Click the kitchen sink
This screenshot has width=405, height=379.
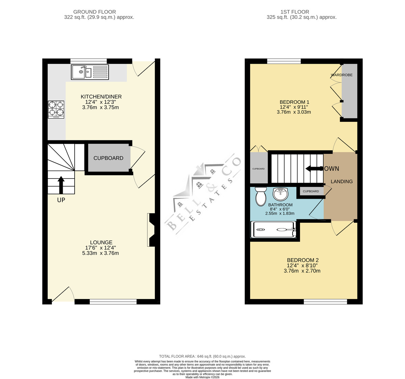coord(90,72)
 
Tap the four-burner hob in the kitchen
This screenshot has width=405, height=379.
coord(56,110)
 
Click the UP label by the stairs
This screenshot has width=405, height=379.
coord(61,200)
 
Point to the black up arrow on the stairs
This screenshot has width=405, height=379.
coord(61,185)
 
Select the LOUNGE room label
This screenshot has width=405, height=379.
coord(101,242)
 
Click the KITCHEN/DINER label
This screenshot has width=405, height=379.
coord(101,97)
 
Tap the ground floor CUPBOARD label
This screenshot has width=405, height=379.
coord(108,158)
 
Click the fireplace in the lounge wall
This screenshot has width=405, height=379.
coord(151,230)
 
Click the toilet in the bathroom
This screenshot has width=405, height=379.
coord(261,196)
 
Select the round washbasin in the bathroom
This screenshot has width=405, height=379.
coord(280,194)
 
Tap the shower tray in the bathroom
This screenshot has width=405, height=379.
coord(273,229)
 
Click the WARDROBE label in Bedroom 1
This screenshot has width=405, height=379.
coord(342,75)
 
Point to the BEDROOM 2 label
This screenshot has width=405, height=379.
coord(303,260)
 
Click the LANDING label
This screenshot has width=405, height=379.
coord(342,181)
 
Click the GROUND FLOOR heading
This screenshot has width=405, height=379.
coord(94,12)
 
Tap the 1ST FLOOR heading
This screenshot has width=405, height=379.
coord(295,12)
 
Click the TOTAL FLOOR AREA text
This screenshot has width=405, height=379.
coord(202,356)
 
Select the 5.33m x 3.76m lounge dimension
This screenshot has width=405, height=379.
coord(100,253)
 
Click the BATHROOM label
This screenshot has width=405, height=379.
coord(280,205)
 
